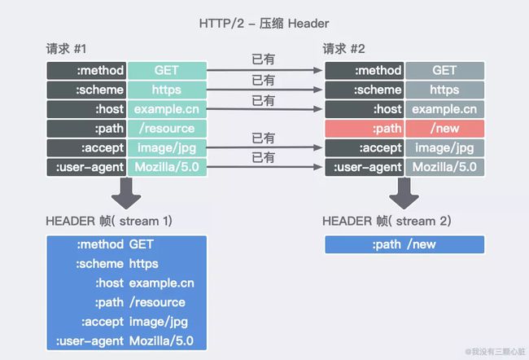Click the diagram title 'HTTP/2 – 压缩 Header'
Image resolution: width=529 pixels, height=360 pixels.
tap(264, 22)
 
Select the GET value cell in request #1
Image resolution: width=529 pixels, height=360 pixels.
tap(167, 70)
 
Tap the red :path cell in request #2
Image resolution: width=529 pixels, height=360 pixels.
tap(364, 129)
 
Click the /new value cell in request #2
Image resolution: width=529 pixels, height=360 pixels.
tap(444, 129)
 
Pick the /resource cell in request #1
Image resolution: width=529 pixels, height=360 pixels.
tap(167, 129)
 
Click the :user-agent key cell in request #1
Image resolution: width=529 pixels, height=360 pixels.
tap(85, 168)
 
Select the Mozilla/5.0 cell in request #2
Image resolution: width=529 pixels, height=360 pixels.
tap(444, 168)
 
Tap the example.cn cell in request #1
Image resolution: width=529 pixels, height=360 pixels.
tap(167, 109)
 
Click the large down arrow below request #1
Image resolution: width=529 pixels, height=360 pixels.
tap(125, 192)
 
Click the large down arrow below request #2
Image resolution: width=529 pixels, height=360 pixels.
tap(404, 192)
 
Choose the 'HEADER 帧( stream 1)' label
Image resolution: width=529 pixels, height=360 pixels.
tap(109, 221)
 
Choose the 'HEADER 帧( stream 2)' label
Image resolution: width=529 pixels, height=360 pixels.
tap(387, 221)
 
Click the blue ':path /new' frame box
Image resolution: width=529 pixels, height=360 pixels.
tap(404, 244)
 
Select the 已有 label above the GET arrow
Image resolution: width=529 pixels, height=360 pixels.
tap(263, 60)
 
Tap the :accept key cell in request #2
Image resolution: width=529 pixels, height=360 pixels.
tap(364, 148)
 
